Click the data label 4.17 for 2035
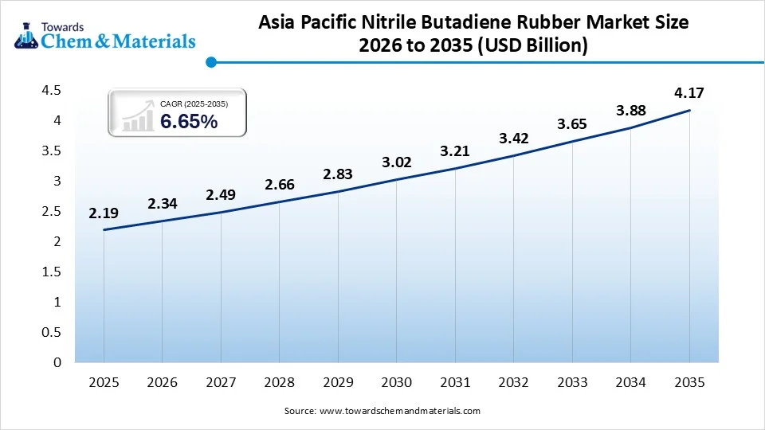pyautogui.click(x=689, y=93)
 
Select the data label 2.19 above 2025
pyautogui.click(x=104, y=213)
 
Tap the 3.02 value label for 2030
pyautogui.click(x=396, y=163)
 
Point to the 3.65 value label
pyautogui.click(x=572, y=124)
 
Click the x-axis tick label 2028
pyautogui.click(x=279, y=383)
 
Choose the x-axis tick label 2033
pyautogui.click(x=572, y=383)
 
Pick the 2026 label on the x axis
pyautogui.click(x=163, y=383)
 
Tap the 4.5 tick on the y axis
pyautogui.click(x=52, y=91)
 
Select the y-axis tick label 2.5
pyautogui.click(x=52, y=212)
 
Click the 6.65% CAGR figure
pyautogui.click(x=189, y=122)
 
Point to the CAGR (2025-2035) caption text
pyautogui.click(x=194, y=104)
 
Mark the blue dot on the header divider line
pyautogui.click(x=210, y=61)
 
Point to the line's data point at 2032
pyautogui.click(x=513, y=155)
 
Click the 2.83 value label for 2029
pyautogui.click(x=338, y=175)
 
